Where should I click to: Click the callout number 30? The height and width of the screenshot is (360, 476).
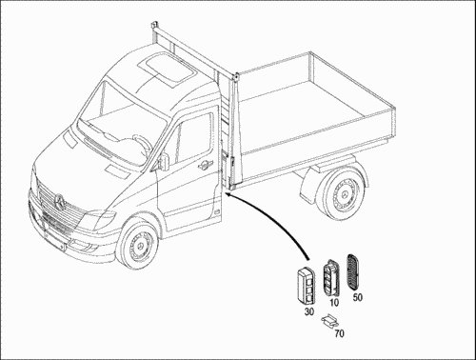[x=309, y=311]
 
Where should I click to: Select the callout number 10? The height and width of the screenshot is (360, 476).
[x=334, y=303]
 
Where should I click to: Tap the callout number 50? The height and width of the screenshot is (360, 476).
[x=357, y=297]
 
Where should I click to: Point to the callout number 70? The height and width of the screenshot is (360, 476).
[x=339, y=333]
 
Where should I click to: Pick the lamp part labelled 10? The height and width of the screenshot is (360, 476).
[x=331, y=277]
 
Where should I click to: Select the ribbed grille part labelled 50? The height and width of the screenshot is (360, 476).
[x=354, y=271]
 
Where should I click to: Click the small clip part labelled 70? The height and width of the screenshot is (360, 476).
[x=328, y=321]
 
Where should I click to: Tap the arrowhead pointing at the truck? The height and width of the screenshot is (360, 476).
[x=228, y=194]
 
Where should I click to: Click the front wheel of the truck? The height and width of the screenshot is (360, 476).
[x=138, y=243]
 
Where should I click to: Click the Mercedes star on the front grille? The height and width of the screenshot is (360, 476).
[x=60, y=201]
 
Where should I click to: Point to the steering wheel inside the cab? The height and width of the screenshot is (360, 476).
[x=143, y=145]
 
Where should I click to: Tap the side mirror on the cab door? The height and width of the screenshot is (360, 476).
[x=164, y=161]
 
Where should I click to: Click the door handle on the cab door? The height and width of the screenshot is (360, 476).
[x=203, y=164]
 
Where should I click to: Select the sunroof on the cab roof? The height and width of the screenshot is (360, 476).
[x=166, y=70]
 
